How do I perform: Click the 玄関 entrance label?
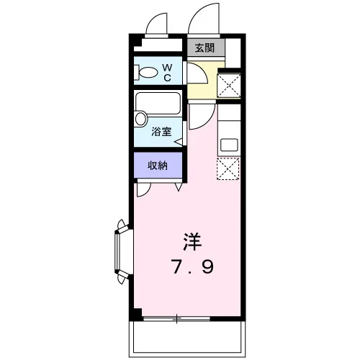pos(204,48)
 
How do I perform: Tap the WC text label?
pos(167,73)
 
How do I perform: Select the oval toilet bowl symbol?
pos(148,72)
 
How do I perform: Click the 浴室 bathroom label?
pos(161,132)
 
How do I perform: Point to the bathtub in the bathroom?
pos(158,103)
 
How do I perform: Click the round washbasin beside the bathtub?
pos(140,119)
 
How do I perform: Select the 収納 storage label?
pos(158,166)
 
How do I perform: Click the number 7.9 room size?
pos(192,266)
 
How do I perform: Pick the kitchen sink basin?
pos(229,145)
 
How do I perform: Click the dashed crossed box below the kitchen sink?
pos(228,168)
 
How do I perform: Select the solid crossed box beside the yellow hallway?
pos(229,86)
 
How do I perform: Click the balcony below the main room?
pos(187,339)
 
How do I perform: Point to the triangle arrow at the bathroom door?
pos(179,142)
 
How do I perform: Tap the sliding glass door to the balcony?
pos(176,319)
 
